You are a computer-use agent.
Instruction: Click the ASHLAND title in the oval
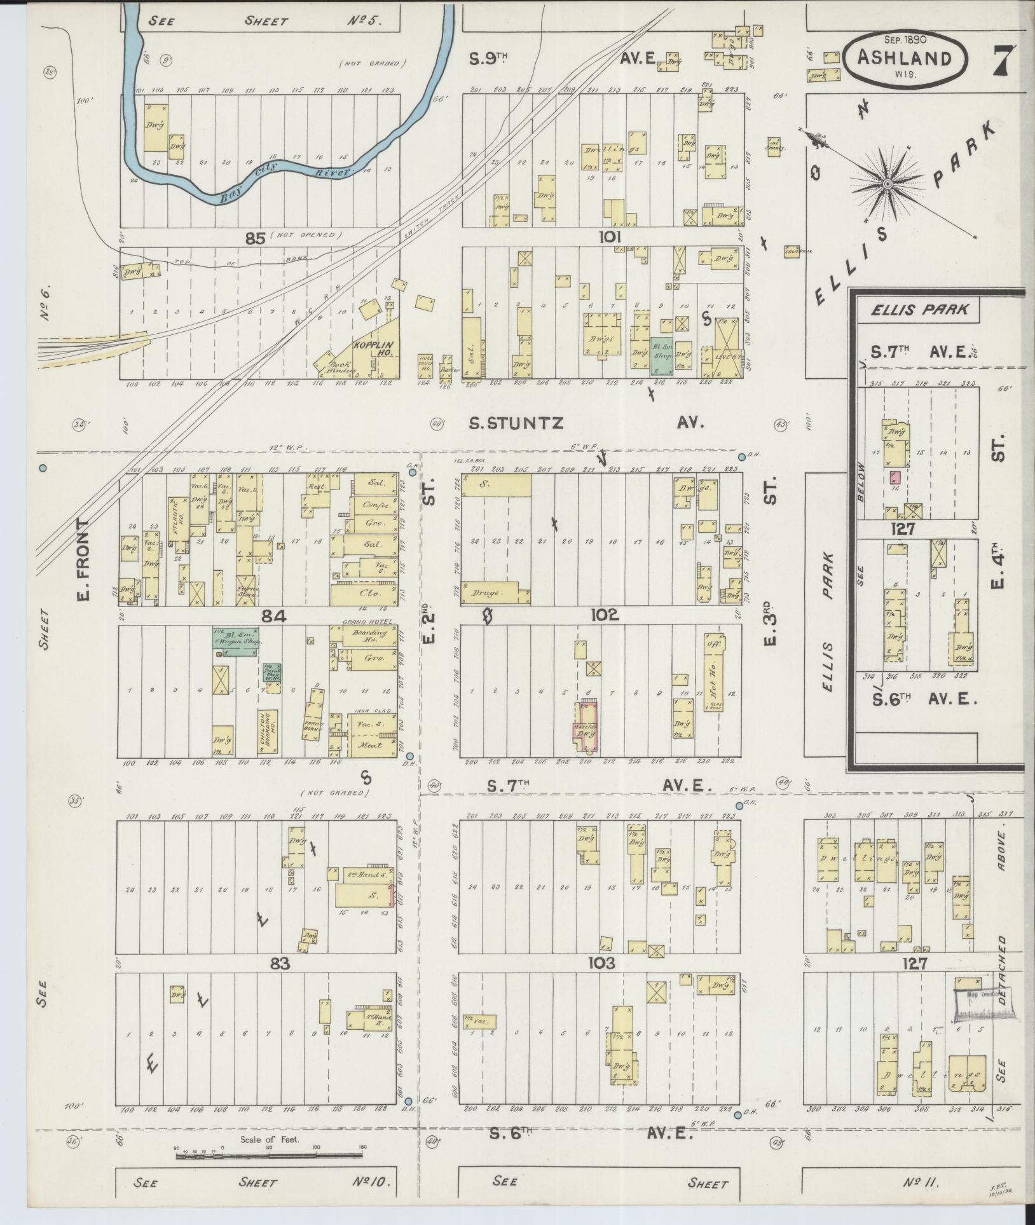[x=904, y=57]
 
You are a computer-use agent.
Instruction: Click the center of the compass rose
[x=887, y=185]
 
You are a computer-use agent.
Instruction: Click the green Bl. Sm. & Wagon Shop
[x=238, y=643]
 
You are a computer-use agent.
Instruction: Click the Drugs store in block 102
[x=497, y=592]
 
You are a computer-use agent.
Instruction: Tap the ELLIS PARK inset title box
[x=919, y=310]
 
